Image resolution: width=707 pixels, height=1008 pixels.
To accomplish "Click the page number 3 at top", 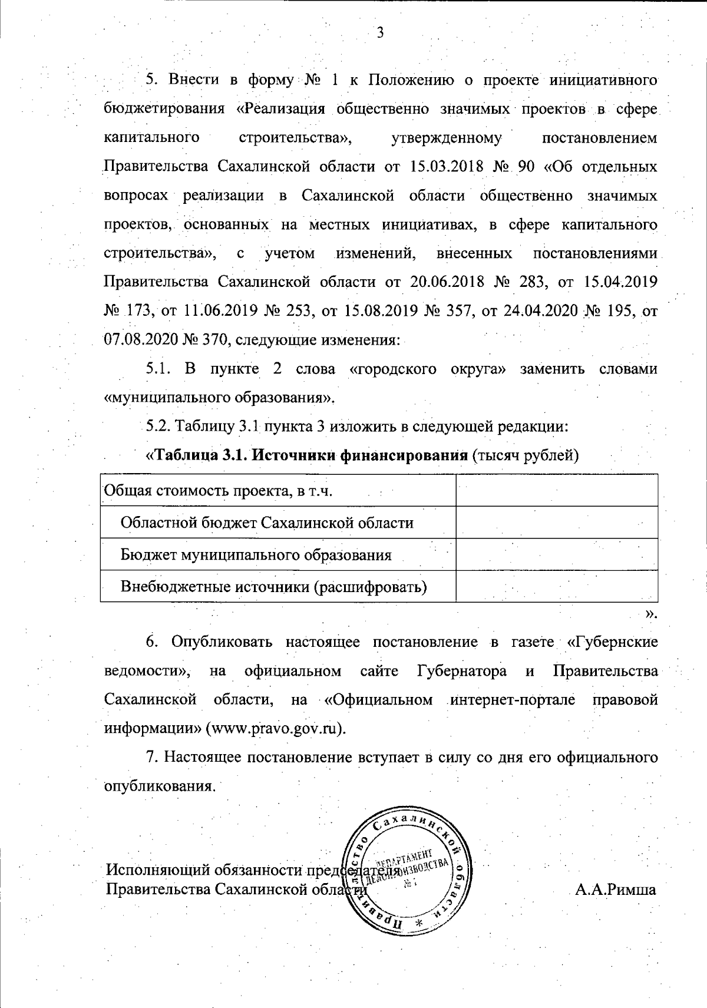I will (380, 31).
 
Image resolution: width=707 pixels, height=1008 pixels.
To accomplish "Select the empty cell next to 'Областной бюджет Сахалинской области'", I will (556, 523).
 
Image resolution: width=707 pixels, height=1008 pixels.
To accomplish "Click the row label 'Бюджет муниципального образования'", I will (256, 554).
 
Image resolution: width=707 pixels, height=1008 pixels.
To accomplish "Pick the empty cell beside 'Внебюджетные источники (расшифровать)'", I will (556, 586).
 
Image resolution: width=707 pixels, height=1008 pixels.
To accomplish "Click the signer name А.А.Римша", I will (616, 890).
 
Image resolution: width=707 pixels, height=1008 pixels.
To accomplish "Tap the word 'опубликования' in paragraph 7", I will (157, 786).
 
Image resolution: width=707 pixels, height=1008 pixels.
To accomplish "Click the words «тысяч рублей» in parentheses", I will (524, 455).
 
